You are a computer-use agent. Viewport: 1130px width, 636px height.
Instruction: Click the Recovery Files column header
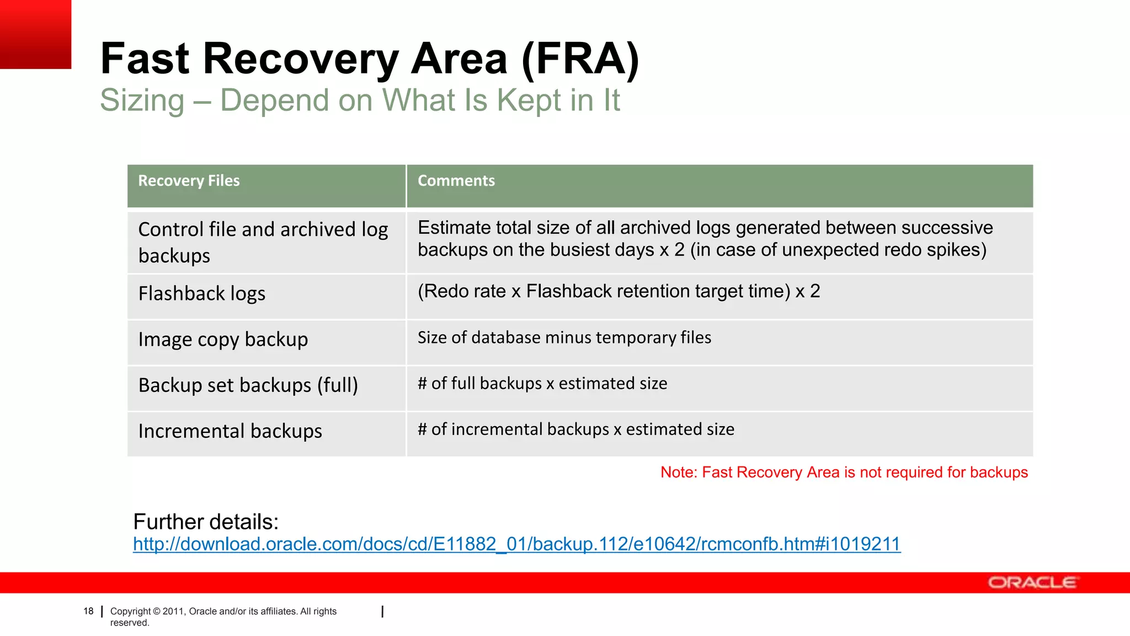tap(189, 181)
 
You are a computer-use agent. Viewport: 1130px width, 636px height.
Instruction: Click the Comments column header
tap(456, 181)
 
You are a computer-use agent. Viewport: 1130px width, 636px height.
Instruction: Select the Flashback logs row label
tap(201, 294)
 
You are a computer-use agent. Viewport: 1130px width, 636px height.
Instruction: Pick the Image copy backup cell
tap(223, 340)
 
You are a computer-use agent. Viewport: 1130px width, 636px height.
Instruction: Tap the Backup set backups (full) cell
tap(248, 385)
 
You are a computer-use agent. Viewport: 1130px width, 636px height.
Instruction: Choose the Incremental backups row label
tap(230, 431)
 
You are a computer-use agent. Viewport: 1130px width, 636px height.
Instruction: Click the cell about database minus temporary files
tap(564, 337)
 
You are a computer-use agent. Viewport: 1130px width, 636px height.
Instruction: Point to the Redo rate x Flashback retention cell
tap(619, 291)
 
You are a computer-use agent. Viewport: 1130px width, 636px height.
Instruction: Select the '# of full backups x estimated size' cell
tap(542, 383)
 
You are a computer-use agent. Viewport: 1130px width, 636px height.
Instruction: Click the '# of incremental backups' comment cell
tap(576, 429)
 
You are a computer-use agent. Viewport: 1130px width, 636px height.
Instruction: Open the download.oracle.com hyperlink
tap(516, 544)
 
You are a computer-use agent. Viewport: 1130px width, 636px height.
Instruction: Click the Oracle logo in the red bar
tap(1032, 583)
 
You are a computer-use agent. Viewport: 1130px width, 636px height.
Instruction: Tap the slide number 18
tap(88, 611)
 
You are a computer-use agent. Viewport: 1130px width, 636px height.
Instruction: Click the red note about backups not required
tap(844, 473)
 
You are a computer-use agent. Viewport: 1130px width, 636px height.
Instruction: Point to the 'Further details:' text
tap(206, 522)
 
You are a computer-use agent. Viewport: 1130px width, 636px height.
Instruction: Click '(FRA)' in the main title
tap(580, 59)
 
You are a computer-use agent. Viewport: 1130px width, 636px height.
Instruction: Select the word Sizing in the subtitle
tap(142, 100)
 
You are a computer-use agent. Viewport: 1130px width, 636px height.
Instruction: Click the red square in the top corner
tap(35, 34)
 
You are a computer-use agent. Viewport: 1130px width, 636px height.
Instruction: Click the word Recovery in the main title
tap(300, 59)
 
